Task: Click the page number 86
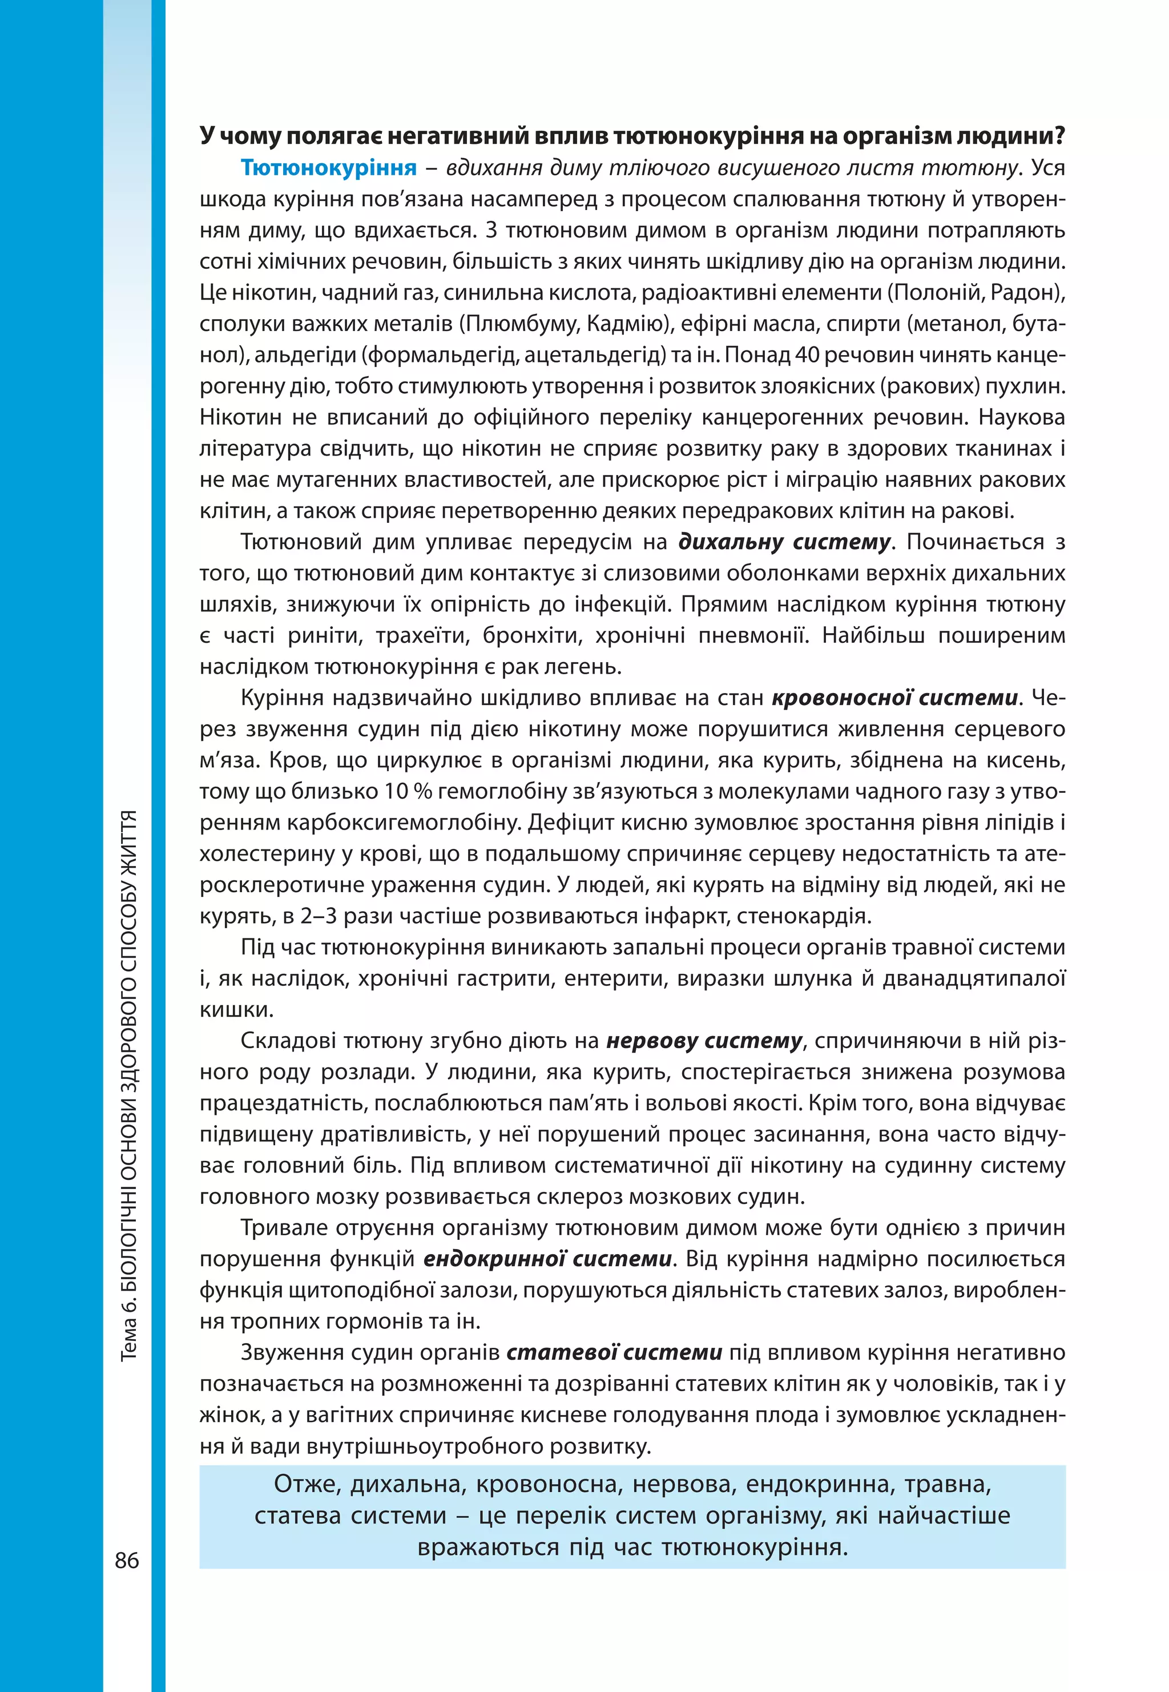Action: [x=127, y=1560]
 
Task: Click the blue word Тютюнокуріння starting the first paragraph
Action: [x=329, y=168]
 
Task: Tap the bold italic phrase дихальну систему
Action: [x=784, y=542]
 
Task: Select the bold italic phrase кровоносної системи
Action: [x=894, y=698]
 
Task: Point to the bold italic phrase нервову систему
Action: [x=704, y=1041]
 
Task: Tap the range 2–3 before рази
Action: [x=318, y=916]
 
